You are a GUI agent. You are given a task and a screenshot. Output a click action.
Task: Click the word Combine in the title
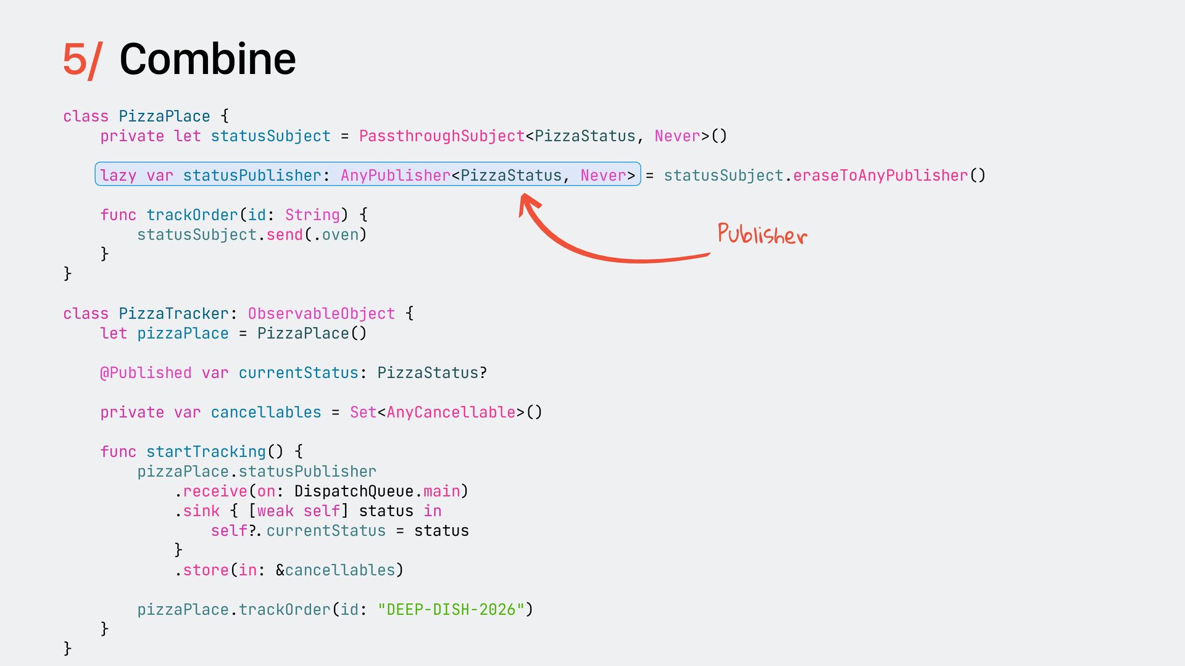coord(207,59)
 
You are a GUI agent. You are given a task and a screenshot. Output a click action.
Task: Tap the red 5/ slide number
coord(81,60)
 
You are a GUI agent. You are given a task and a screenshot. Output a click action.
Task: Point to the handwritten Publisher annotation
coord(762,234)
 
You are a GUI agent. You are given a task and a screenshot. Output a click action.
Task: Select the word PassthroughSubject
coord(441,136)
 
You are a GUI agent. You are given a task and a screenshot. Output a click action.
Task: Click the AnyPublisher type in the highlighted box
coord(395,176)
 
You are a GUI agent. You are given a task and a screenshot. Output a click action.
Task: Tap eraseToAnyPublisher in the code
coord(880,176)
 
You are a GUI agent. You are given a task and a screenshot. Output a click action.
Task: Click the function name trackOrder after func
coord(192,215)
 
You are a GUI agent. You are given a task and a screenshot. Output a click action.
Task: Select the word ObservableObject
coord(321,314)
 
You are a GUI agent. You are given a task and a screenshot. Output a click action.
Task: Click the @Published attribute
coord(146,373)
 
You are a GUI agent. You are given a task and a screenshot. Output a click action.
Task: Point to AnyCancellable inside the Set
coord(451,413)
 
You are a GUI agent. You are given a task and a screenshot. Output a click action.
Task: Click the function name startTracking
coord(206,452)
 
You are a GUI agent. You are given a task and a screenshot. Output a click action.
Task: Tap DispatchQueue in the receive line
coord(354,491)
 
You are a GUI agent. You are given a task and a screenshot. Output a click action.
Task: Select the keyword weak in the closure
coord(275,511)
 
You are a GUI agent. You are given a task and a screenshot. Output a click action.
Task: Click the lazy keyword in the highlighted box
coord(118,176)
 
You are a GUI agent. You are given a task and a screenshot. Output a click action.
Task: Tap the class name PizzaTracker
coord(173,314)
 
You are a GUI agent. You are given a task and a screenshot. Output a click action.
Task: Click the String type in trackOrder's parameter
coord(312,215)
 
